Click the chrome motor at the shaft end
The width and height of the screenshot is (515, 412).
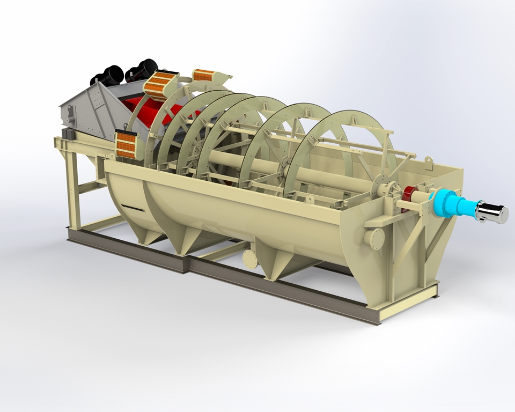coord(492,213)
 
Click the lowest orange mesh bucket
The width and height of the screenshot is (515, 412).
coord(127,144)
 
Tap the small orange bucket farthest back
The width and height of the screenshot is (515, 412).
coord(204,75)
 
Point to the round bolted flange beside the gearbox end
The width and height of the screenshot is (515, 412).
coord(375,238)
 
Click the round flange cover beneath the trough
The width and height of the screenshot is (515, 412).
coord(250,259)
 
